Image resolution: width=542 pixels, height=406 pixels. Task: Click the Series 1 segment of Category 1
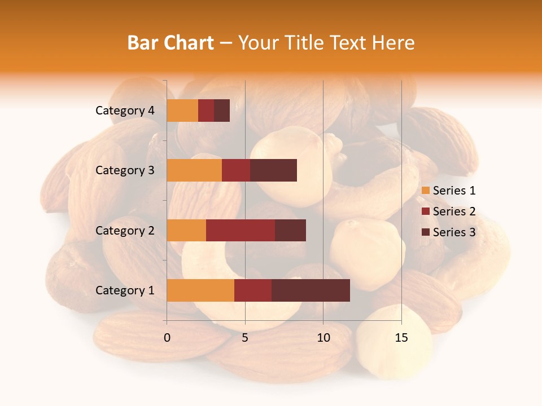[x=200, y=290]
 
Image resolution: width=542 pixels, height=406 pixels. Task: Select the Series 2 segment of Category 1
[x=253, y=290]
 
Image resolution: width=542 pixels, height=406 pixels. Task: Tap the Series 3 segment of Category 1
[x=311, y=290]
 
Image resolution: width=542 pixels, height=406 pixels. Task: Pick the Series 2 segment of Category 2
[x=241, y=230]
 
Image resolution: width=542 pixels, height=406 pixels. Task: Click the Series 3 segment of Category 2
[x=290, y=230]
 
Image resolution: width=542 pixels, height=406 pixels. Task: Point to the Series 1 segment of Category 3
[x=194, y=170]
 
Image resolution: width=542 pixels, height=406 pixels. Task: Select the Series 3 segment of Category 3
[x=273, y=170]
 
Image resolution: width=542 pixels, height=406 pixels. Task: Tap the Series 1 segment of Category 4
[x=182, y=111]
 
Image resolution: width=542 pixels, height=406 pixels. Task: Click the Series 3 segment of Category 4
[x=222, y=111]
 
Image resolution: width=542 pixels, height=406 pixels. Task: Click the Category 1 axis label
[x=125, y=290]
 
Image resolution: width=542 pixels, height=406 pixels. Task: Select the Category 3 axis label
[x=125, y=170]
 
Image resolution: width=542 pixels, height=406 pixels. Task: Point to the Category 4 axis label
[x=125, y=111]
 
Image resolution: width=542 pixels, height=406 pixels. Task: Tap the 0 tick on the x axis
[x=167, y=338]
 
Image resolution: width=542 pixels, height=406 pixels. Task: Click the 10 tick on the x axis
[x=323, y=338]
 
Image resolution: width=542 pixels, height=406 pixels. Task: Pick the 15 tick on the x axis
[x=401, y=338]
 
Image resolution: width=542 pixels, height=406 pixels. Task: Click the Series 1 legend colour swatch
[x=425, y=191]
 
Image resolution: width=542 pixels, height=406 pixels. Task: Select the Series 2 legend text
[x=454, y=211]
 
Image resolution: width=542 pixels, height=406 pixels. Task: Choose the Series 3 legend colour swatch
[x=425, y=232]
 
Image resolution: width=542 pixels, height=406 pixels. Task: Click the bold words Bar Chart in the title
[x=171, y=42]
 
